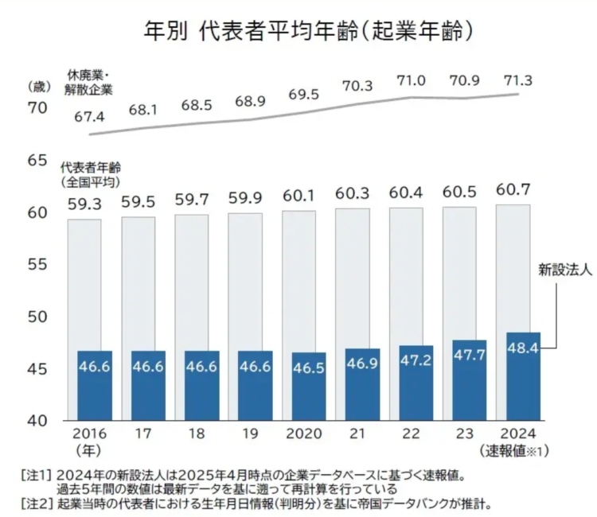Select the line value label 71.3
pyautogui.click(x=517, y=80)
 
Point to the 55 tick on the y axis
pyautogui.click(x=37, y=264)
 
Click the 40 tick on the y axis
pyautogui.click(x=37, y=420)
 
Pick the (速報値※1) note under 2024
pyautogui.click(x=516, y=452)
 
